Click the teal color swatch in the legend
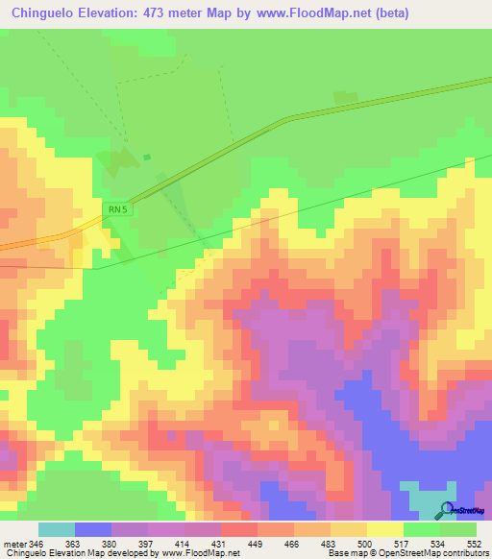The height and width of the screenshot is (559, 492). point(57,529)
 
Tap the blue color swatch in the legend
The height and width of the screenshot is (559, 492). point(93,529)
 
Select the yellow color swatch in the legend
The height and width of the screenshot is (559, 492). point(385,529)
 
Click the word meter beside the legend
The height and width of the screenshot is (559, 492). point(13,544)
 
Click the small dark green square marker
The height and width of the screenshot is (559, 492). point(147,157)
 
